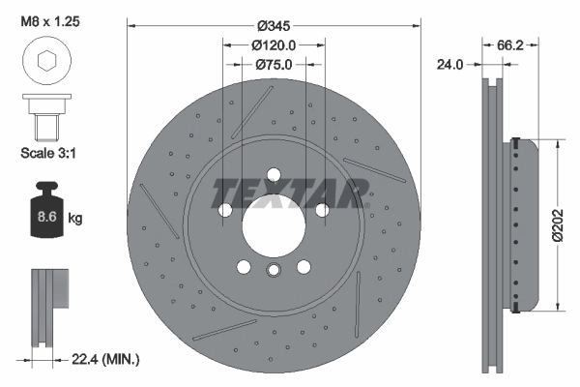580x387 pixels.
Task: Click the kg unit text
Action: (75, 218)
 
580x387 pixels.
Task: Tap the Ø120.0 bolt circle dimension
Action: (274, 45)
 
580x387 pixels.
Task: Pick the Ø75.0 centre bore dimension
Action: (274, 66)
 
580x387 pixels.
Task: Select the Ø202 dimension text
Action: (559, 225)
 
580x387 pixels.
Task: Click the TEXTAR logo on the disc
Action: (290, 191)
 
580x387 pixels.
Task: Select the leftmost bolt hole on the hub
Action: (224, 210)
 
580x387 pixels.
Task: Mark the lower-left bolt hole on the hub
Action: (244, 269)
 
